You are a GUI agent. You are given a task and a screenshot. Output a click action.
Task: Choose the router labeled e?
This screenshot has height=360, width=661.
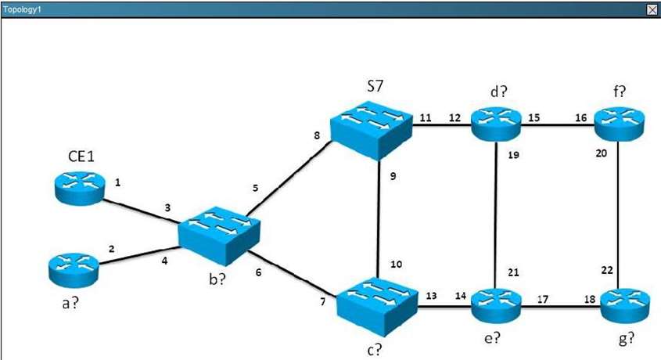pyautogui.click(x=497, y=303)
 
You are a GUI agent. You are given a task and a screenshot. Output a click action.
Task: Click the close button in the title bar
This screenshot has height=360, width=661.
pyautogui.click(x=652, y=9)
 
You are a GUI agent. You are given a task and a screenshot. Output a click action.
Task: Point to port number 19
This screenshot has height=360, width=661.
pyautogui.click(x=513, y=155)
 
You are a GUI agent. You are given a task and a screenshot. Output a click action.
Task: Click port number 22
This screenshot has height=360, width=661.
pyautogui.click(x=607, y=270)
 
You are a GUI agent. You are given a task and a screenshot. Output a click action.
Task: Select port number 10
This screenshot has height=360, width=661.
pyautogui.click(x=397, y=265)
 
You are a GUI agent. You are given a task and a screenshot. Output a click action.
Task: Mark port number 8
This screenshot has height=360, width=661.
pyautogui.click(x=317, y=135)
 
